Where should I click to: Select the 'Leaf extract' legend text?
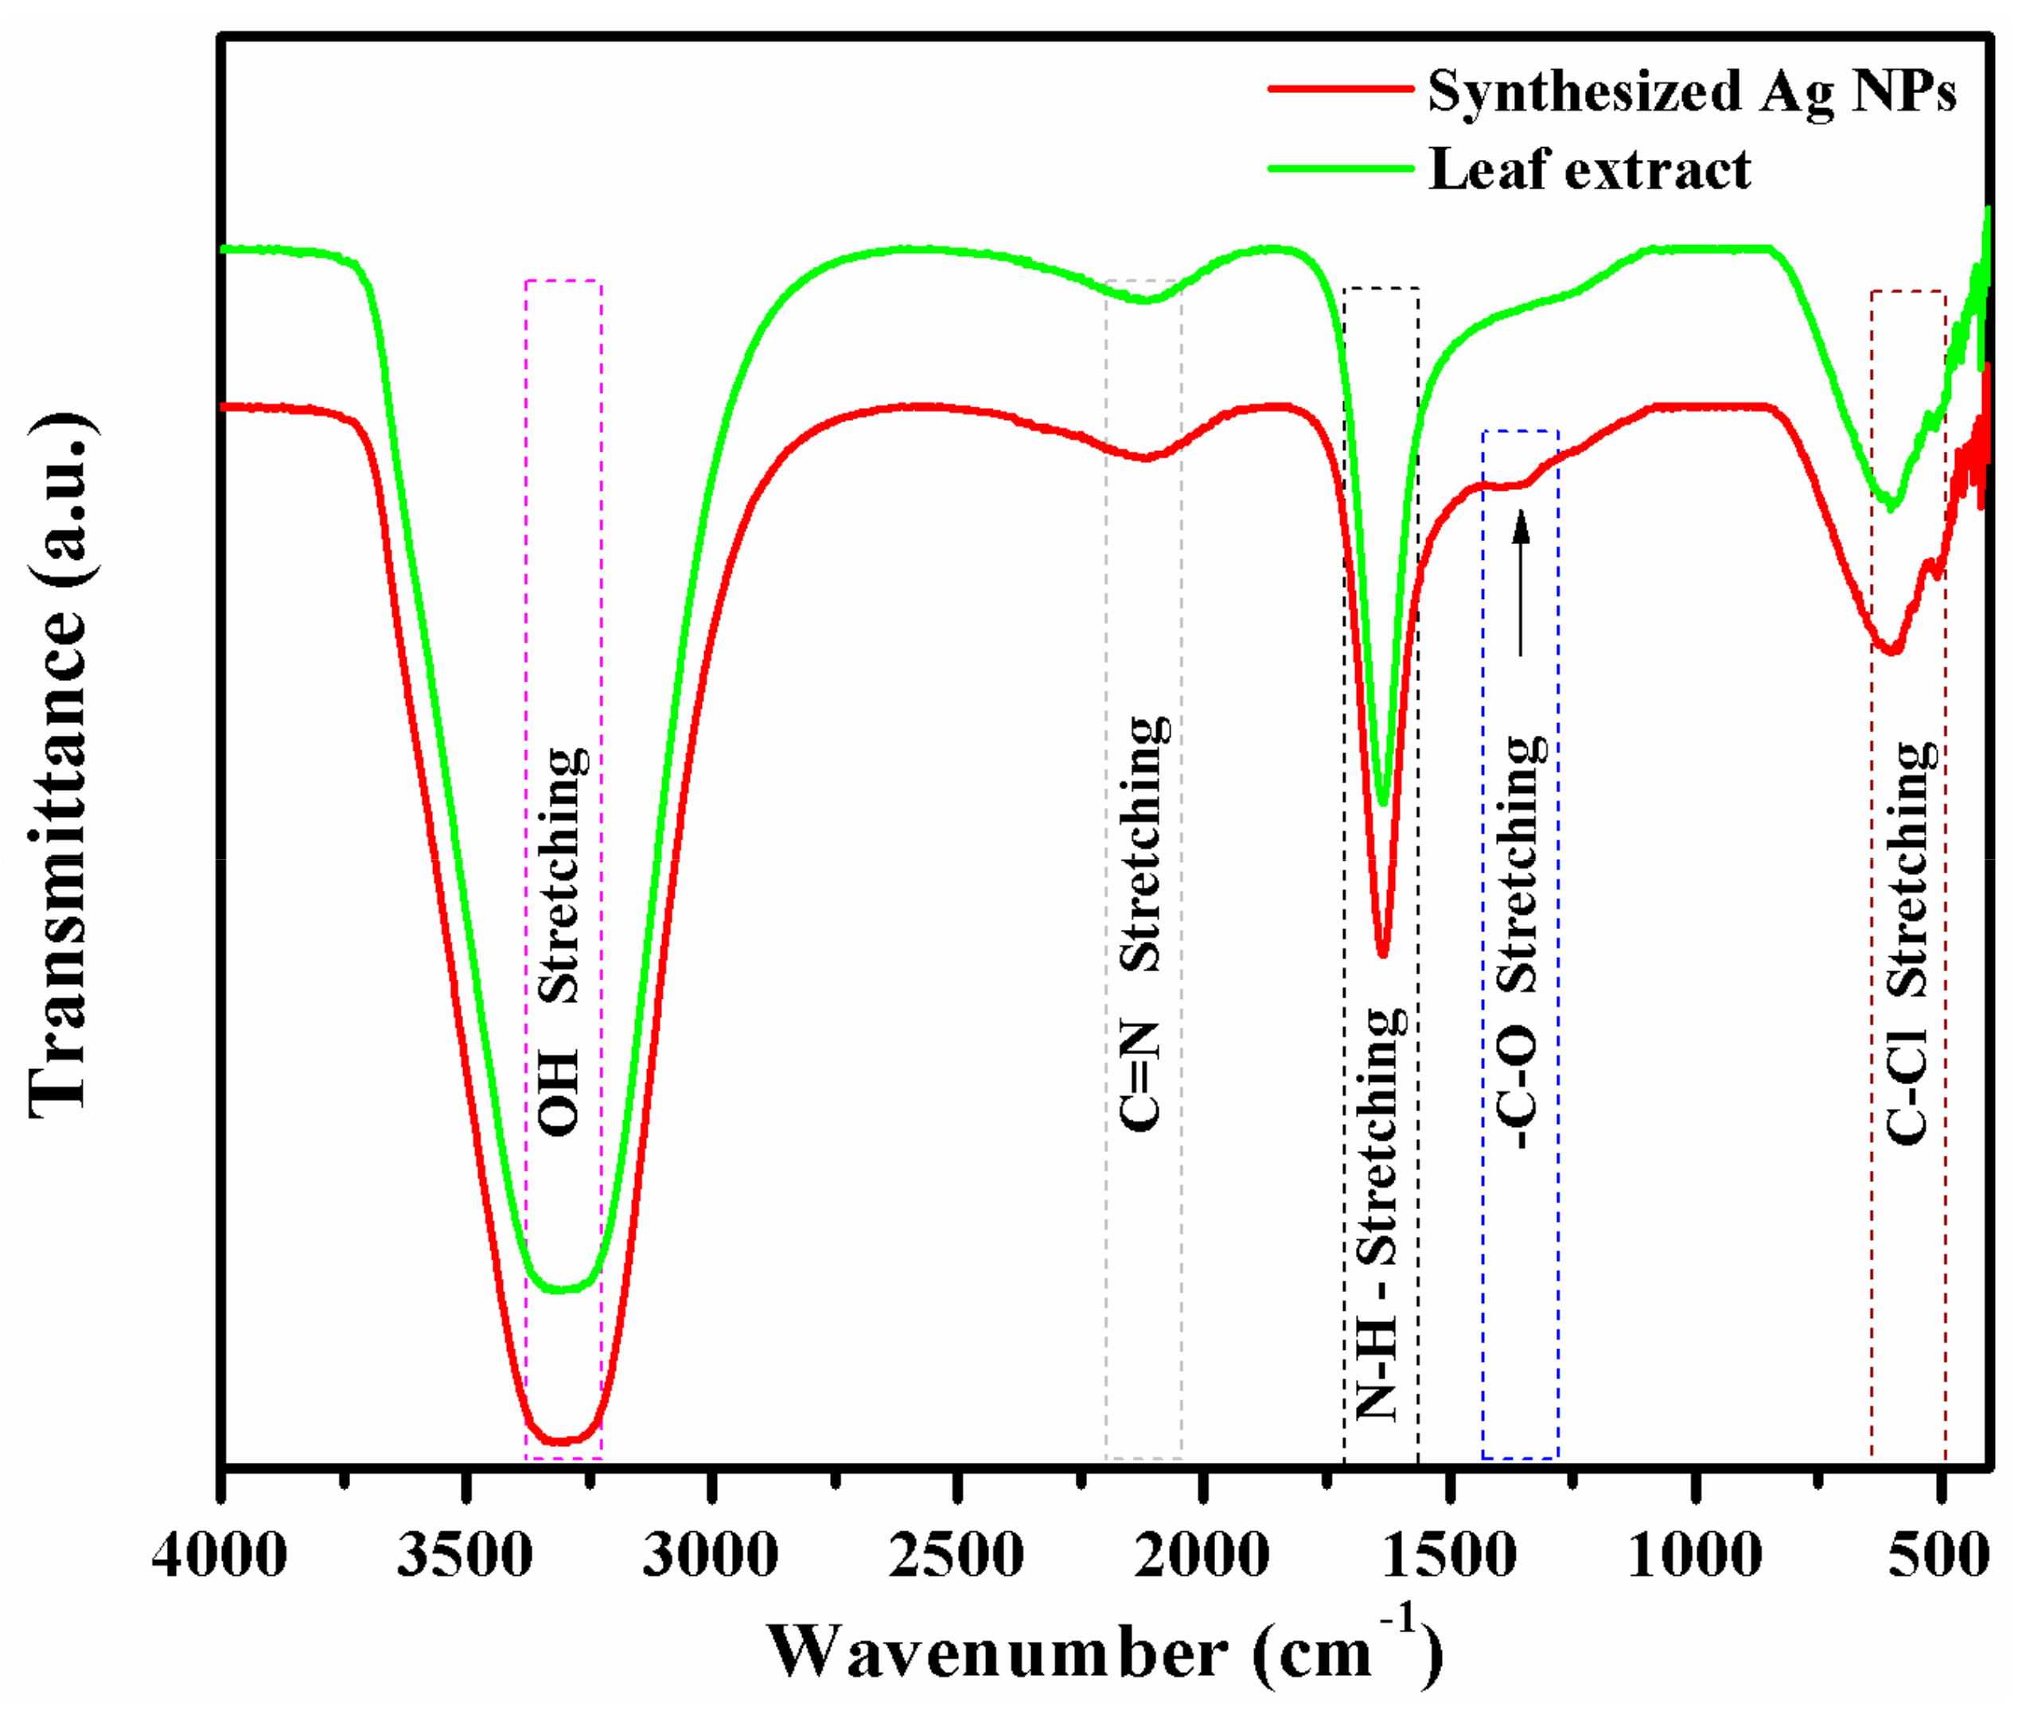tap(1588, 171)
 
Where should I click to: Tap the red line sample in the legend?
tap(1339, 88)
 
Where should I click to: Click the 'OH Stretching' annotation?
tap(561, 940)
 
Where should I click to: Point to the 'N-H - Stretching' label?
tap(1379, 1215)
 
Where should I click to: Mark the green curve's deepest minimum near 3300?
tap(560, 1290)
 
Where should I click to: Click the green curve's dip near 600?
tap(1891, 507)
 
